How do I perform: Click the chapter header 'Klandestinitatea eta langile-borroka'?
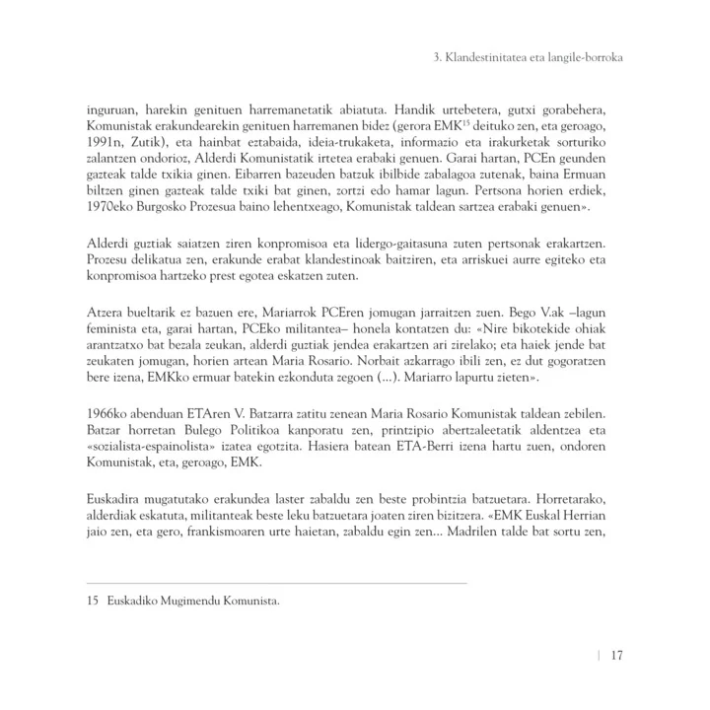tap(528, 57)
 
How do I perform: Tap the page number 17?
tap(615, 656)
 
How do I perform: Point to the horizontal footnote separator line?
tap(276, 584)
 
